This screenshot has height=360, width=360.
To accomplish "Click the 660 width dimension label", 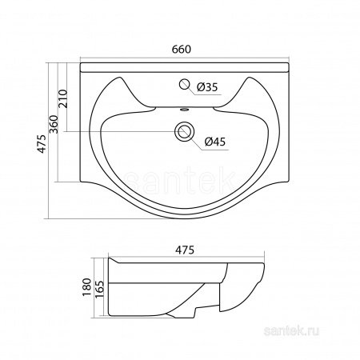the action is (182, 50).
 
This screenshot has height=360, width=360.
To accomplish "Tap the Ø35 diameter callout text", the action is (207, 87).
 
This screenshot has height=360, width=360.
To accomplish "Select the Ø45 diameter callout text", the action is (215, 142).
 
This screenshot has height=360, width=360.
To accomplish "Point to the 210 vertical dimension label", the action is (63, 98).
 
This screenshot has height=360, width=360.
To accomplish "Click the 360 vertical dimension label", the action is (54, 124).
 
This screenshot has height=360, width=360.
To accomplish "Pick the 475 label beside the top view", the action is (42, 144).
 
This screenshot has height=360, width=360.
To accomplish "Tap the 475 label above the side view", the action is (185, 250).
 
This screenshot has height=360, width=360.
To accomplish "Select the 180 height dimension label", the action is (87, 287).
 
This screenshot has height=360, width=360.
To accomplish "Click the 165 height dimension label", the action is (99, 289).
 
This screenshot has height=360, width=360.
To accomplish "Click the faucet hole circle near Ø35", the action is (184, 84).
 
